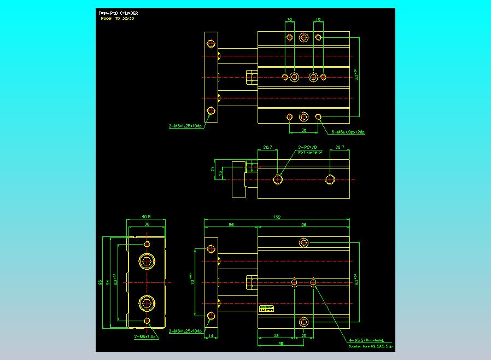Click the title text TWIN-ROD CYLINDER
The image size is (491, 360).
point(118,13)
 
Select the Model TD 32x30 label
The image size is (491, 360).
point(118,19)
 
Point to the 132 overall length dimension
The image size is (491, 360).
point(277,217)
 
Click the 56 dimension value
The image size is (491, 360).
point(231,225)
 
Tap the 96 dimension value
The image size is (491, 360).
point(303,225)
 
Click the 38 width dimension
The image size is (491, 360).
point(146,224)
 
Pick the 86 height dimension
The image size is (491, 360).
point(100,282)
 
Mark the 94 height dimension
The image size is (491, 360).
point(108,282)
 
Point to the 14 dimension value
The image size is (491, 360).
point(211,336)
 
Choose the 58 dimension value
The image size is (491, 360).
point(277,336)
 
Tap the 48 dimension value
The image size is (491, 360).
point(280,344)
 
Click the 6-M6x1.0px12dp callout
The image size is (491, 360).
point(348,132)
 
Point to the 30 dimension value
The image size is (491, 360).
point(304,131)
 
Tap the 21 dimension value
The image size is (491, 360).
point(213,170)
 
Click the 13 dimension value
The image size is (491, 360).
point(220,173)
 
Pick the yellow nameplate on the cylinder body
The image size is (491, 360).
point(266,310)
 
